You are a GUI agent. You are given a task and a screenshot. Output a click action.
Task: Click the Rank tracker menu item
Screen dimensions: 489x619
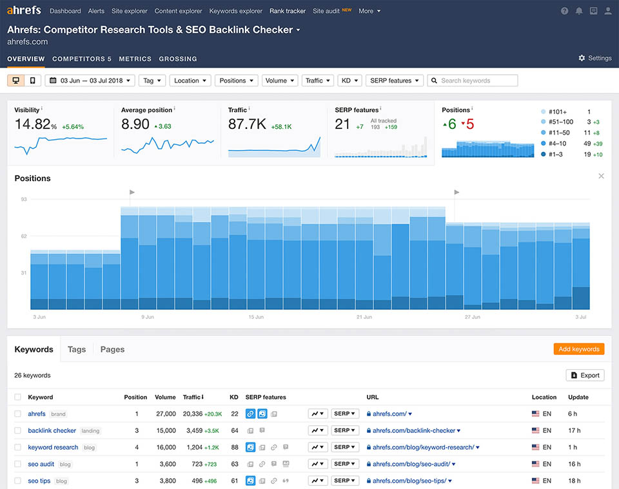click(x=288, y=11)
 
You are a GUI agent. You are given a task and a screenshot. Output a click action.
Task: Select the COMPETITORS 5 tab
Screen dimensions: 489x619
click(x=82, y=59)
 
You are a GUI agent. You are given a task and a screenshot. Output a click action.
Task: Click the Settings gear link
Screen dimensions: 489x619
click(x=594, y=58)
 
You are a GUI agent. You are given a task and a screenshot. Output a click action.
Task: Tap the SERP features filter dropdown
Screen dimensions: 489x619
click(x=394, y=81)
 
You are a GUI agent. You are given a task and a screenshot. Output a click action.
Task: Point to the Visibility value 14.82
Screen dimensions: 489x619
click(x=32, y=124)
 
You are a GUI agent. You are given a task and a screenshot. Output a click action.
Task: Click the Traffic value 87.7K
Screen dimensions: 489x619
click(x=247, y=124)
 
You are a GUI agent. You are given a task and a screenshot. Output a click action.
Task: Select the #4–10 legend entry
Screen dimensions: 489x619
click(x=559, y=144)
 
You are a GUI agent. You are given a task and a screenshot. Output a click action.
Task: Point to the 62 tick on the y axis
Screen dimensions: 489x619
click(x=24, y=236)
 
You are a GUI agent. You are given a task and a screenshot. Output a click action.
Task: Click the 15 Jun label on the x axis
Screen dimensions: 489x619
click(x=255, y=317)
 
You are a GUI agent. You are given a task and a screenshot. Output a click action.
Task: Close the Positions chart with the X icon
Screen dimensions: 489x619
click(x=601, y=176)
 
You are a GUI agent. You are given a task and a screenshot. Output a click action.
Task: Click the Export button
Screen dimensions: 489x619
click(x=585, y=375)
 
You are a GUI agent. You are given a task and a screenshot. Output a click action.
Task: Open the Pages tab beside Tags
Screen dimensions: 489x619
click(x=112, y=349)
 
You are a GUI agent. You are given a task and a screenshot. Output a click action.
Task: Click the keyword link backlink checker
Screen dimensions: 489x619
click(x=52, y=430)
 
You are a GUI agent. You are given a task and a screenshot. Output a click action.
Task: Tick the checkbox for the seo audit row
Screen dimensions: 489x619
click(x=18, y=464)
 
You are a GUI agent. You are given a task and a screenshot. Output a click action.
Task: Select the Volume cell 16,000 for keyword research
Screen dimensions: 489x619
click(x=166, y=447)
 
